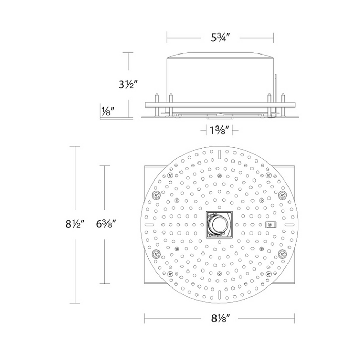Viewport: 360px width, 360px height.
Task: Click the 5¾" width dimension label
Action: [x=221, y=38]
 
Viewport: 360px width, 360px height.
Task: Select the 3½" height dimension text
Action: [x=128, y=85]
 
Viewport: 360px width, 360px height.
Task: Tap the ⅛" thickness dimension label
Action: [x=108, y=112]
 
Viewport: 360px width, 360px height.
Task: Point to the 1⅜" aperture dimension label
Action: [x=220, y=131]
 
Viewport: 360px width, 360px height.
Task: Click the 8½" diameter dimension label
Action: [x=75, y=224]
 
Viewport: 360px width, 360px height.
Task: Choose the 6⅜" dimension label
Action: [x=105, y=224]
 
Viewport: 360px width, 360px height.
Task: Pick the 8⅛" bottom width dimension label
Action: [x=221, y=318]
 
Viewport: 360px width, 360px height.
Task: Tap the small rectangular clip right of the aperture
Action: [x=271, y=225]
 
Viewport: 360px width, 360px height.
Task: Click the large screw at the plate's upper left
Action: [x=156, y=195]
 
